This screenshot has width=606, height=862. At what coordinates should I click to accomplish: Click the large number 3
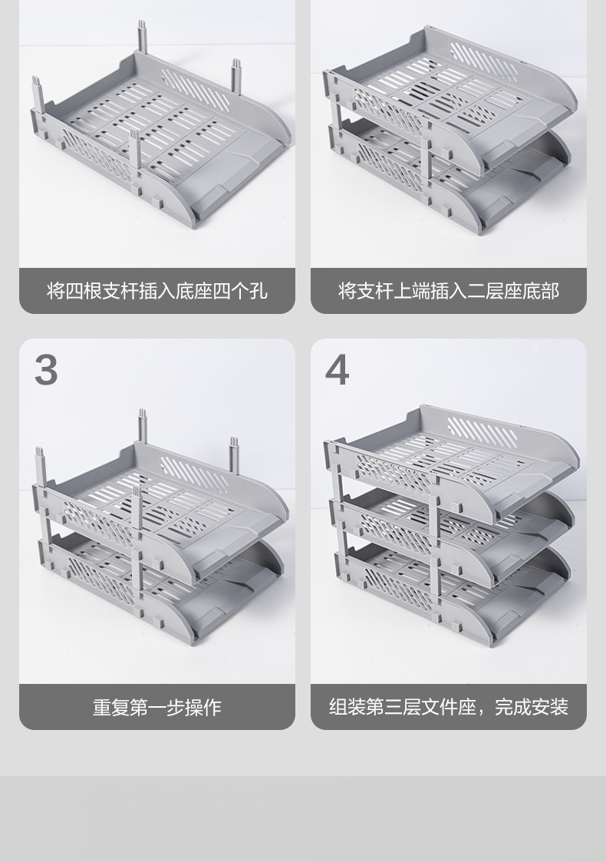coord(46,370)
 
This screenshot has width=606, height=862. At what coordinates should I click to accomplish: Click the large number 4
coord(337,370)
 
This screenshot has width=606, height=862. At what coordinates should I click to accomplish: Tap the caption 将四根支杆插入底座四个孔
coord(156,292)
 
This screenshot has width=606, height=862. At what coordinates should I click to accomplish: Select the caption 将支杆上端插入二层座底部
coord(448,292)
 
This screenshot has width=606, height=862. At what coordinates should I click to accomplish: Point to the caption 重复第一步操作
coord(156,707)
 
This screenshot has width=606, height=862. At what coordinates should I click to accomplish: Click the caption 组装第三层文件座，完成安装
coord(448,707)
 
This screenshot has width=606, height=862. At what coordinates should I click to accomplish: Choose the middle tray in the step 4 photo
coord(460,522)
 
